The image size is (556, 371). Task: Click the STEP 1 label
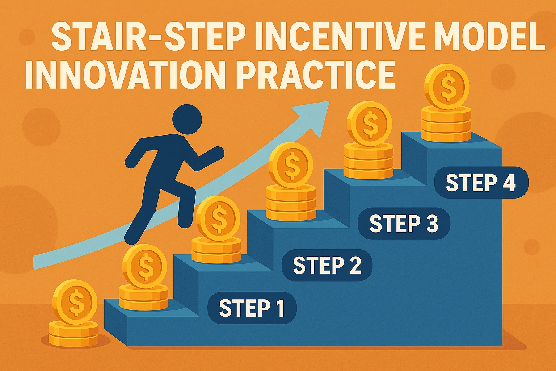pyautogui.click(x=252, y=308)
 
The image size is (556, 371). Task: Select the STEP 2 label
pyautogui.click(x=327, y=265)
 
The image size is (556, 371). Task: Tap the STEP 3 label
pyautogui.click(x=404, y=224)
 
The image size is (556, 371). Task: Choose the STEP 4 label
pyautogui.click(x=481, y=182)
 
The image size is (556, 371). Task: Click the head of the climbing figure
pyautogui.click(x=187, y=119)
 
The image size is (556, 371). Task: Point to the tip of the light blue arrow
pyautogui.click(x=329, y=101)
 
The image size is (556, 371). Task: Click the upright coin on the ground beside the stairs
pyautogui.click(x=75, y=302)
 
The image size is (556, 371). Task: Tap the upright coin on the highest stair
pyautogui.click(x=447, y=87)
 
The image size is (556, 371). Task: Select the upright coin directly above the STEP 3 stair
pyautogui.click(x=369, y=124)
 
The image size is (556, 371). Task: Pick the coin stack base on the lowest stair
pyautogui.click(x=144, y=297)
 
